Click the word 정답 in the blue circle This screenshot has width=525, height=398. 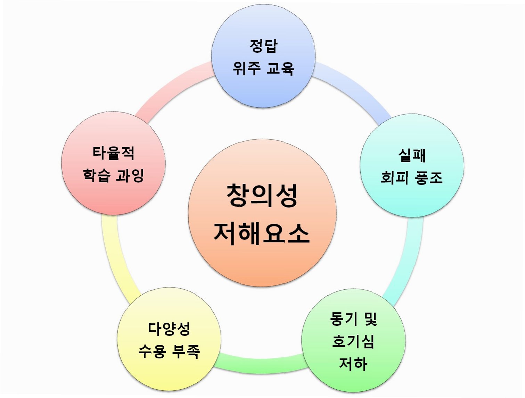pos(263,46)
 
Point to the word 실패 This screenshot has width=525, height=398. pos(412,155)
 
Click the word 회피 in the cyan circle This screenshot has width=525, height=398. pos(395,177)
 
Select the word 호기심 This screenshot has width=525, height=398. pos(353,341)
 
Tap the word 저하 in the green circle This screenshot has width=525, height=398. pos(353,364)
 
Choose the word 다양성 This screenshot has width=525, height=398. pos(169,329)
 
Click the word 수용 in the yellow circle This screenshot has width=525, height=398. pos(152,351)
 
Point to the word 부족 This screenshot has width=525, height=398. pos(186,351)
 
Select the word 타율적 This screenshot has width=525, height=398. pos(113,153)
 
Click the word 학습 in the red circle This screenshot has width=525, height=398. pos(97,175)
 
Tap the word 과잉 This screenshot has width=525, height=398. pos(130,175)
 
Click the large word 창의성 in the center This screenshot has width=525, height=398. pos(262,196)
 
